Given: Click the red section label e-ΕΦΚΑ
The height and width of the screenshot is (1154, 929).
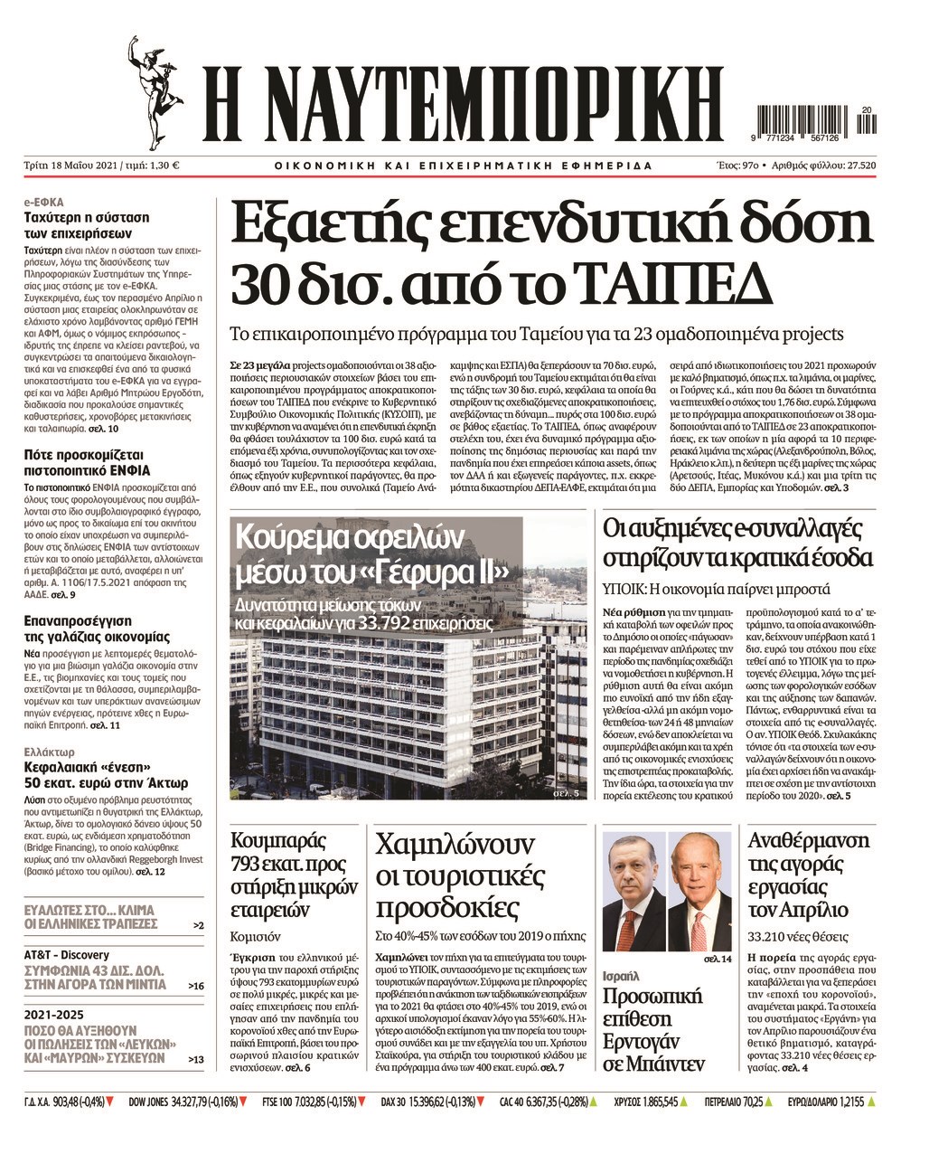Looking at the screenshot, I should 43,203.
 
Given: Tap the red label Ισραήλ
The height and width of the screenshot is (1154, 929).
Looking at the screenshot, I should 621,976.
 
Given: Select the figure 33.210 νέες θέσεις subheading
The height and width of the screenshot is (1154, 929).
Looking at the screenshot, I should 799,936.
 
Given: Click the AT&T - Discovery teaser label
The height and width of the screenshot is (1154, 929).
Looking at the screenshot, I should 67,954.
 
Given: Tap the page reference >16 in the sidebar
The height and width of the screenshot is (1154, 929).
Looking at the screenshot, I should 195,985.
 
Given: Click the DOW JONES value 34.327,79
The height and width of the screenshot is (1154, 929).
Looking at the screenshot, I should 194,1102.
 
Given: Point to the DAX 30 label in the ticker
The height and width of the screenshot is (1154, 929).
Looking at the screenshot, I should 393,1102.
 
